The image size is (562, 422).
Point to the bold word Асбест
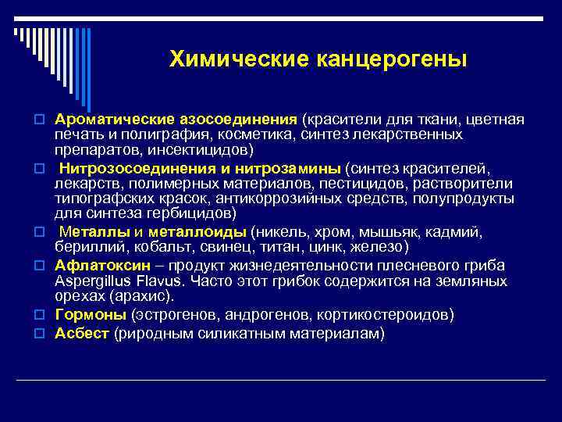tap(82, 334)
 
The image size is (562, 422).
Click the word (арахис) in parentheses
tap(140, 297)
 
